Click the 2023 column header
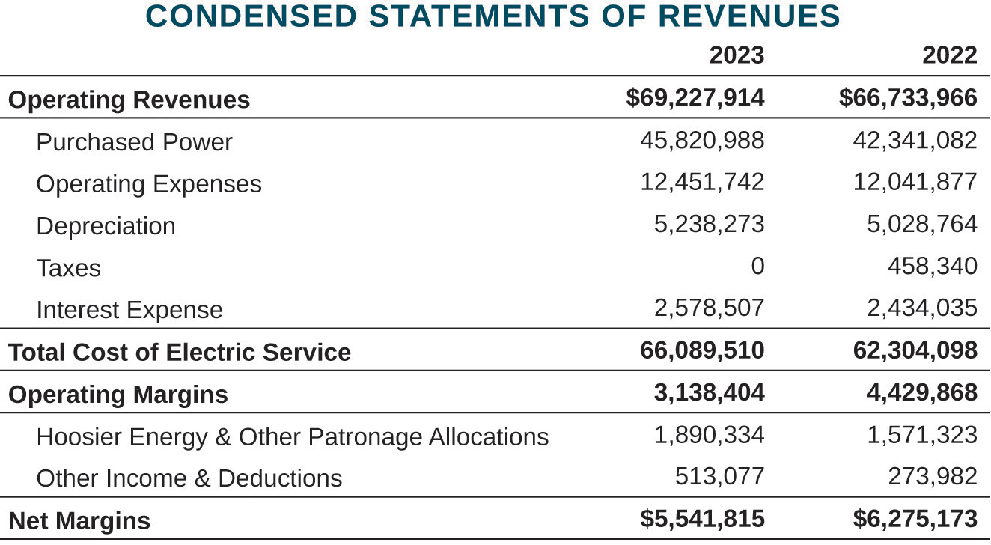click(737, 55)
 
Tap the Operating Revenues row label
click(129, 100)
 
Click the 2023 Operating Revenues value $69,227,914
click(695, 98)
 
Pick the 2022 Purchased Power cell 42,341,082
click(915, 140)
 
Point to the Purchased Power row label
click(134, 142)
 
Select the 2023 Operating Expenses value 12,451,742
click(702, 182)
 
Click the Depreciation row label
click(106, 226)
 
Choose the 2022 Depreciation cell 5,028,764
click(921, 224)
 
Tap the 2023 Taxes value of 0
click(757, 266)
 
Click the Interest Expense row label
click(129, 310)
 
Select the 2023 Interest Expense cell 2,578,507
click(709, 308)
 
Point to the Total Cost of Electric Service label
click(180, 352)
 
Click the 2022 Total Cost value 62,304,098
click(915, 350)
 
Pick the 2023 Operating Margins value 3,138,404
click(709, 392)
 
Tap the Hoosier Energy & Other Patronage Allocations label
click(292, 436)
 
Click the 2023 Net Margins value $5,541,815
click(702, 518)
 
